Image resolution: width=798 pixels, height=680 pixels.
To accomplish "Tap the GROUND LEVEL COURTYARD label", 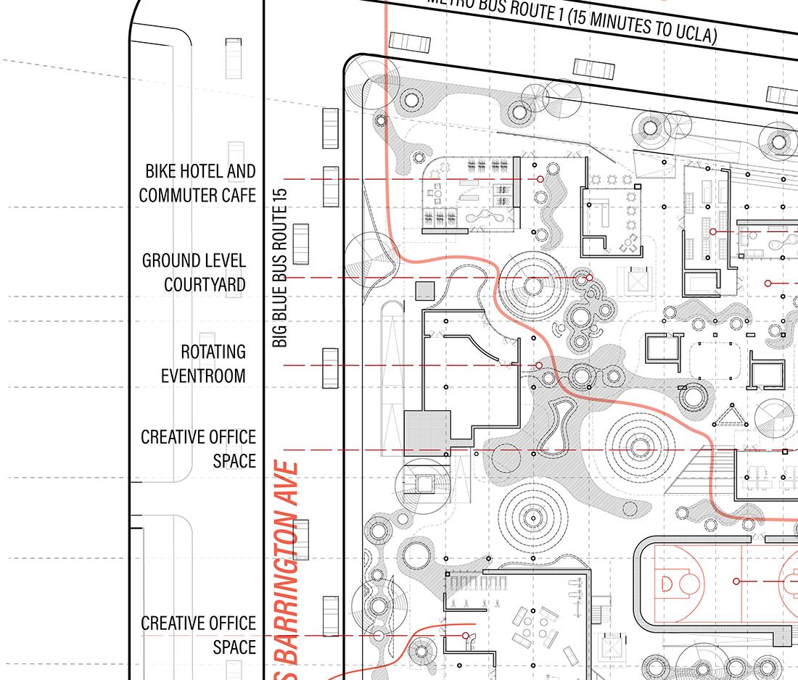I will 194,272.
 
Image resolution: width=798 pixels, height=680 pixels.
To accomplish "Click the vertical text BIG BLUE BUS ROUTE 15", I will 281,268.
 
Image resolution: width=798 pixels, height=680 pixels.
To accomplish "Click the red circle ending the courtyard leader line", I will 589,278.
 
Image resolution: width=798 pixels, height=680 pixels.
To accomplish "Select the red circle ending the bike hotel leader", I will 540,178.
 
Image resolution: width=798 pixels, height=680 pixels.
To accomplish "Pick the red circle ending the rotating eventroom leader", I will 538,365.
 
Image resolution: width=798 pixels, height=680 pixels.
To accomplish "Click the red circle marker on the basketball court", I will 736,581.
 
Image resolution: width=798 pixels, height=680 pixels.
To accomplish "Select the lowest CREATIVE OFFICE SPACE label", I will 198,634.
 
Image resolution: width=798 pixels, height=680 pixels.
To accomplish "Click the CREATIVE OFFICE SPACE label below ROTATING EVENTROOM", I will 198,448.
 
